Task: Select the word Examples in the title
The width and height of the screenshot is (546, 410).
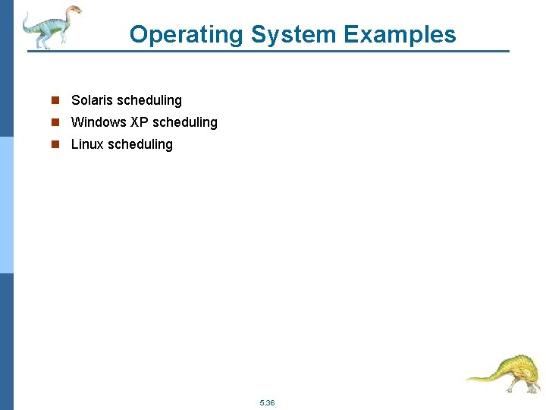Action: pyautogui.click(x=400, y=35)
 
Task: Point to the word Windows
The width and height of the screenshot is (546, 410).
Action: pyautogui.click(x=99, y=122)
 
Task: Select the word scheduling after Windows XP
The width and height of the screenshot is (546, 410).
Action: pyautogui.click(x=184, y=122)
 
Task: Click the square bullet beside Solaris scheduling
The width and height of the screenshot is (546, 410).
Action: pyautogui.click(x=55, y=100)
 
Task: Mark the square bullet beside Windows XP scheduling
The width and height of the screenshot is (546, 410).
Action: pyautogui.click(x=55, y=122)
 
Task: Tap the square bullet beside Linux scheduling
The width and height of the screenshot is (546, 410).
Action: pyautogui.click(x=55, y=144)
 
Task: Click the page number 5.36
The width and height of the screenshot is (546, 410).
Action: pyautogui.click(x=266, y=402)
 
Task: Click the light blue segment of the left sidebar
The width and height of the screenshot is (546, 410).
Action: pyautogui.click(x=6, y=205)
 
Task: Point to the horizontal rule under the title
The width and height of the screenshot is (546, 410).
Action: pyautogui.click(x=273, y=52)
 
